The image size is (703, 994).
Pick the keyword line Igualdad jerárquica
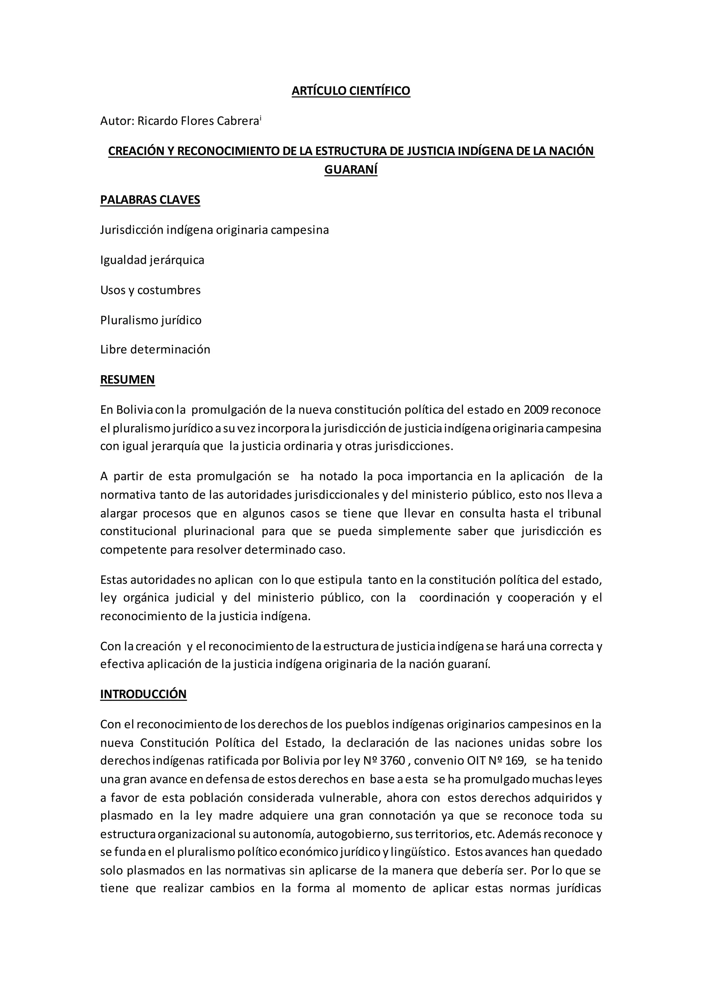point(152,260)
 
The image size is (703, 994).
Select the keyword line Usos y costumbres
point(150,290)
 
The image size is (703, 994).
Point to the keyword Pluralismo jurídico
point(151,320)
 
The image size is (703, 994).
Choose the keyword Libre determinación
point(155,350)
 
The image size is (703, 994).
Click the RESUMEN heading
point(127,380)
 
